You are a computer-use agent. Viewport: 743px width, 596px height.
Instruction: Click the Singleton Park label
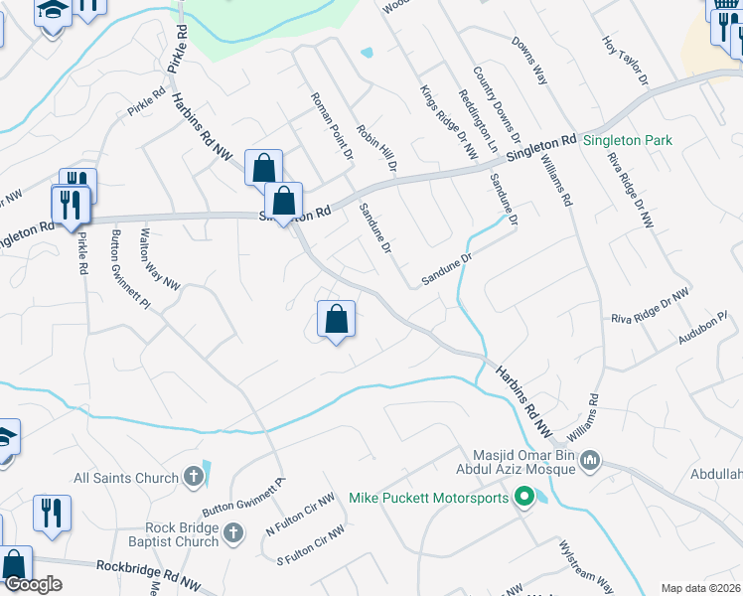[x=627, y=140]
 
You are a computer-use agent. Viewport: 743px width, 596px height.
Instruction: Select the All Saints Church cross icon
[x=195, y=479]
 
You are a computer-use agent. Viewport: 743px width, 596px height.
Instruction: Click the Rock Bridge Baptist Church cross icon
[x=233, y=533]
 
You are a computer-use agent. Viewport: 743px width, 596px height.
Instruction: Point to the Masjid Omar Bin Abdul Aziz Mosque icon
[x=591, y=460]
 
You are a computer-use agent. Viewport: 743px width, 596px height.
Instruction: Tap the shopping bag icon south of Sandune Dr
[x=337, y=319]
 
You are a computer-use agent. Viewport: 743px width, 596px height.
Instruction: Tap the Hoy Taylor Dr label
[x=625, y=61]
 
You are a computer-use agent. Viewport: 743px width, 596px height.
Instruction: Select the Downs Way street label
[x=529, y=60]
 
